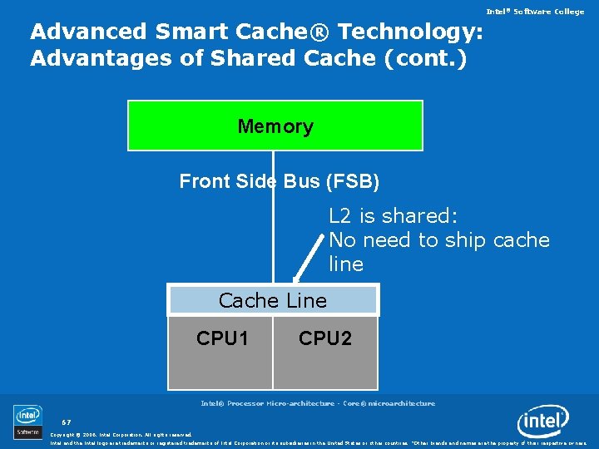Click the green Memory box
pos(275,126)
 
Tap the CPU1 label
pos(223,338)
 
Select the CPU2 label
pos(325,338)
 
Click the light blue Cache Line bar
pos(273,300)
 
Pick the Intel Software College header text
pos(536,11)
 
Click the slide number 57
pos(67,422)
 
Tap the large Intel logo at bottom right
pos(543,422)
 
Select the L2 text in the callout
pos(341,216)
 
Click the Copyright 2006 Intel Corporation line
pos(121,434)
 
